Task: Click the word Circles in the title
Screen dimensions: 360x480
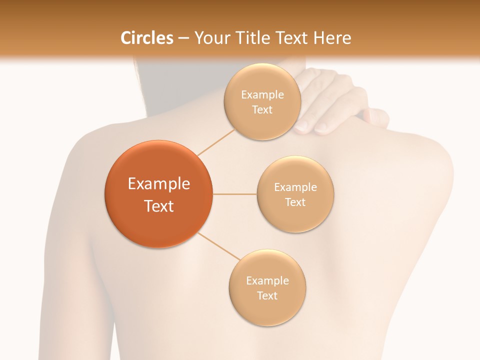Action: [x=147, y=38]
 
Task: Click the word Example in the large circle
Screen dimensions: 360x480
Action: [x=158, y=184]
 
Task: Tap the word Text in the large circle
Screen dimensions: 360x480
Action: [x=158, y=206]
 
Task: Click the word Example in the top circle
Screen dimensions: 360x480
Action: [x=262, y=95]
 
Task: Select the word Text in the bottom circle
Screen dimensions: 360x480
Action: [x=267, y=295]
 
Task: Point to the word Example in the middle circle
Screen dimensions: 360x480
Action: [x=295, y=187]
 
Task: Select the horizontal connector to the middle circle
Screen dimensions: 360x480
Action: [x=234, y=194]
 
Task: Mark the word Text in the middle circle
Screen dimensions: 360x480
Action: [x=295, y=202]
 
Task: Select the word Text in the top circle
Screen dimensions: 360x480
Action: [x=262, y=110]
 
